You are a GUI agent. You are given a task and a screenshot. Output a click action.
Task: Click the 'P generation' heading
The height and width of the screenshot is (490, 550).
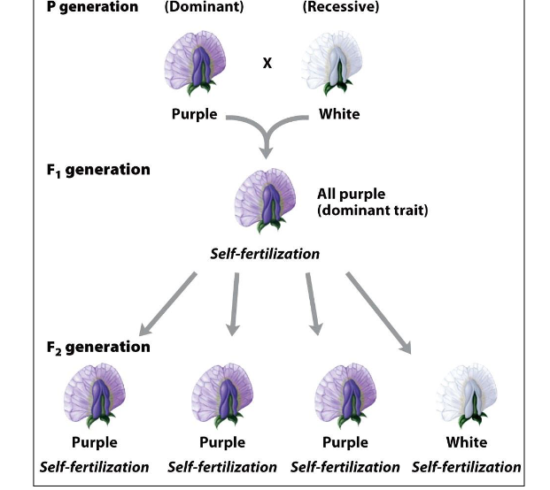tap(89, 7)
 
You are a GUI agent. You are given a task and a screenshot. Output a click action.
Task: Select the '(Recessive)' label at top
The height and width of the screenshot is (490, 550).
tap(340, 7)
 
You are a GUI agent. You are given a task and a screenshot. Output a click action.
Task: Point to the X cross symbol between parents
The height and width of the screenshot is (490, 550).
tap(267, 63)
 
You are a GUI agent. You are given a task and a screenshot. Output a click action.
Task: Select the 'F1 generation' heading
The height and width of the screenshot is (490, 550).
tap(97, 169)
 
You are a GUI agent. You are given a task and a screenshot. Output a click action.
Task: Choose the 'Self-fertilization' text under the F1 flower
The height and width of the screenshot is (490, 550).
tap(265, 254)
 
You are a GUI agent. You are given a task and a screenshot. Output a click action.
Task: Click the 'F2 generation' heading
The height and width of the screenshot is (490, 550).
tap(98, 347)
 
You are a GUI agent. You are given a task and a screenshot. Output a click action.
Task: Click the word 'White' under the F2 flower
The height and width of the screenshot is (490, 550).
tap(466, 442)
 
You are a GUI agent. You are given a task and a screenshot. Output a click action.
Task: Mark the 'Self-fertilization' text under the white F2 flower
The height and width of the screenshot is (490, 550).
tap(466, 466)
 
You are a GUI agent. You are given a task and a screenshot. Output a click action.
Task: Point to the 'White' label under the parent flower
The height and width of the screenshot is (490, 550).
tap(339, 114)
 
